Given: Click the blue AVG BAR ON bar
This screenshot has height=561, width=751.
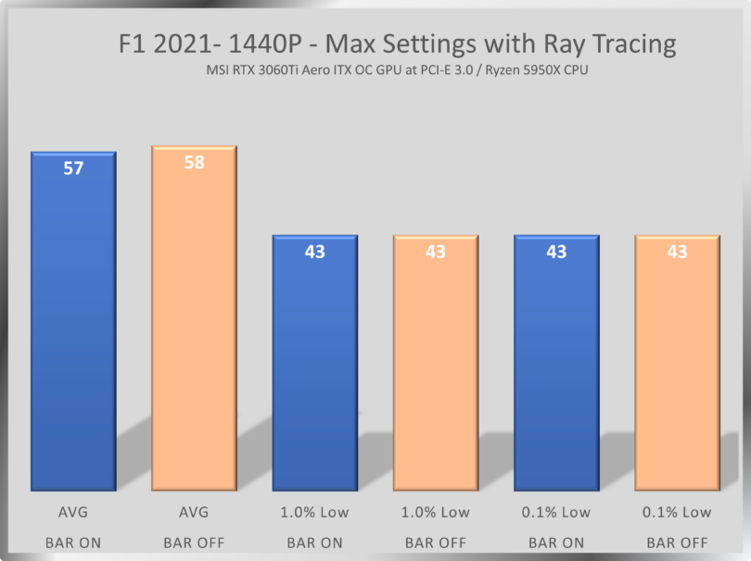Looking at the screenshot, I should pos(73,324).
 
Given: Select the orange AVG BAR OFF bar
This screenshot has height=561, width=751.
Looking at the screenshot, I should pos(195,324).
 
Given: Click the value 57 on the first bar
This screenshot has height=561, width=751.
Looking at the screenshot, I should pos(73,168).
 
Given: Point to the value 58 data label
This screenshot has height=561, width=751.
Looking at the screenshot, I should pos(195,163).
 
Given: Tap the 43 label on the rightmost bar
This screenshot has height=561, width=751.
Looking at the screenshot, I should pos(677,252).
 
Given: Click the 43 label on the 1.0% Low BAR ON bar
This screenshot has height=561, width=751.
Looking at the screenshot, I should pos(314,252).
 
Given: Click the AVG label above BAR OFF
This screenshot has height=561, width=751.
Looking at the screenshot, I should pos(195,512).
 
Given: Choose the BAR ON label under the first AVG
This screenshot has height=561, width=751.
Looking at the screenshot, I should pos(73,542).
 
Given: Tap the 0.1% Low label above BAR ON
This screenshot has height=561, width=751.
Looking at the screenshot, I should pos(555,512).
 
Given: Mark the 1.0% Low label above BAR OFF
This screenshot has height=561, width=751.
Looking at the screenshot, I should pos(435,512).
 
